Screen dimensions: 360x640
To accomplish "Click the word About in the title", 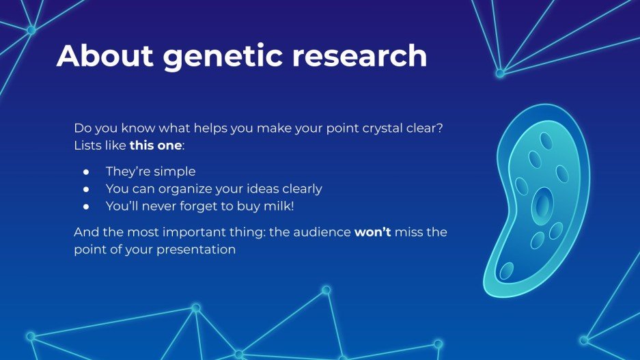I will pyautogui.click(x=104, y=55).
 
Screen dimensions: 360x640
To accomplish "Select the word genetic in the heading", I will pyautogui.click(x=223, y=55).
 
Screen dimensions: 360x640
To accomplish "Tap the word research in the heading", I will pyautogui.click(x=360, y=55).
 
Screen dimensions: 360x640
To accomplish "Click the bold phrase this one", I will pyautogui.click(x=156, y=146).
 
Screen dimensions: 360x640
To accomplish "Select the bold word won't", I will pyautogui.click(x=372, y=232).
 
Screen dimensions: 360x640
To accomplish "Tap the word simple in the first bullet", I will pyautogui.click(x=176, y=171).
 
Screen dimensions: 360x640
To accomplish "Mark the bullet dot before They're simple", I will pyautogui.click(x=86, y=171).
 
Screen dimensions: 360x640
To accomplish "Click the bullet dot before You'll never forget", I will pyautogui.click(x=86, y=206).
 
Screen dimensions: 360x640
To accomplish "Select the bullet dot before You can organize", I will pyautogui.click(x=86, y=189).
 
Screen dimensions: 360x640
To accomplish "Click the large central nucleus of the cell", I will pyautogui.click(x=542, y=205).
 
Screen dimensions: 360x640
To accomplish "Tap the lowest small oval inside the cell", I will pyautogui.click(x=506, y=271).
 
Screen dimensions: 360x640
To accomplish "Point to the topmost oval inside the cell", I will pyautogui.click(x=546, y=141).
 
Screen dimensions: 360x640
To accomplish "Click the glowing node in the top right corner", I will pyautogui.click(x=500, y=73).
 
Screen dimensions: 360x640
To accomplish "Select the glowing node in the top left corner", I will pyautogui.click(x=31, y=30).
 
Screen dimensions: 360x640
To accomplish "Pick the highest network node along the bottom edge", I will pyautogui.click(x=326, y=290).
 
